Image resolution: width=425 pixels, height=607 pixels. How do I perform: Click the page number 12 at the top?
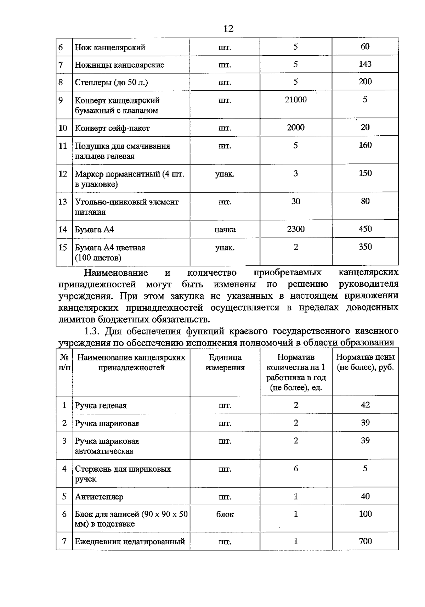click(x=228, y=29)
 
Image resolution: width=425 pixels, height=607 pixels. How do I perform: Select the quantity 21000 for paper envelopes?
click(x=296, y=100)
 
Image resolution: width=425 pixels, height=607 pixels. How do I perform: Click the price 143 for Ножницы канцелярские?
click(x=365, y=64)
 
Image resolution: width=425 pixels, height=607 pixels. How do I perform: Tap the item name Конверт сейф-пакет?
click(x=112, y=128)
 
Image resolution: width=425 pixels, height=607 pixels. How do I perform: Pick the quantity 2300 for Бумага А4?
click(x=296, y=229)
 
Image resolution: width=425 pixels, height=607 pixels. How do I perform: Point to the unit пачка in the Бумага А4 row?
click(x=225, y=230)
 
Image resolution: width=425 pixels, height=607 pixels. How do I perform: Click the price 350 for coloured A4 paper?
click(x=365, y=247)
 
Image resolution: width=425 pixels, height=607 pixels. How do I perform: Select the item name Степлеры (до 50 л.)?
click(x=111, y=83)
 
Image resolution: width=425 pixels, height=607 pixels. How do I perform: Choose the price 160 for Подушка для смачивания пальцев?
click(x=365, y=145)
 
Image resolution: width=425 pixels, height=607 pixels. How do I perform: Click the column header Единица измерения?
click(x=225, y=362)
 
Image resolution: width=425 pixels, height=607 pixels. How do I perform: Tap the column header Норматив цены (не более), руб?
click(x=365, y=362)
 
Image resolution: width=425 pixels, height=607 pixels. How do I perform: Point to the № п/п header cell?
click(x=64, y=362)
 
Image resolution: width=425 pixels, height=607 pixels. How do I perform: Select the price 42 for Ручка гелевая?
click(x=365, y=405)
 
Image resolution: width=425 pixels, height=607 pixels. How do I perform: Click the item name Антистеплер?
click(x=99, y=497)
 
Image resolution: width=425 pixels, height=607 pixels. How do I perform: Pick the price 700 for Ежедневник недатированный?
click(x=365, y=541)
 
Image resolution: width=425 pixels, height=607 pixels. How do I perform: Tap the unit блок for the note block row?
click(x=225, y=514)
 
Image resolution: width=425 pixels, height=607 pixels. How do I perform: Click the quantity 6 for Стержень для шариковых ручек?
click(x=296, y=469)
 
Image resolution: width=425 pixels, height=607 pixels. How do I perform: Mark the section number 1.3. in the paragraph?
click(x=93, y=331)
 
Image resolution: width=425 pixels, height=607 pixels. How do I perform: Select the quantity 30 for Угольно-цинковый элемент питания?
click(x=296, y=201)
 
